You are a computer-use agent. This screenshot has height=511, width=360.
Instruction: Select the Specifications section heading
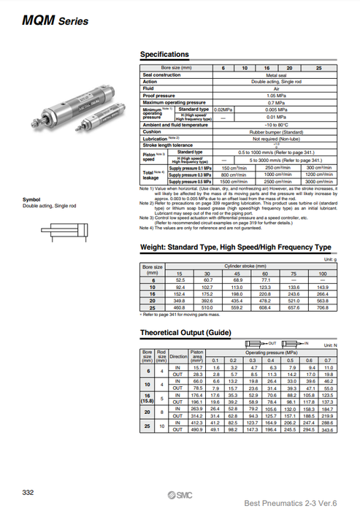click(x=164, y=55)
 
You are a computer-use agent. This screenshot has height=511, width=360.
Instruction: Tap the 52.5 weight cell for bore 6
click(x=181, y=279)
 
